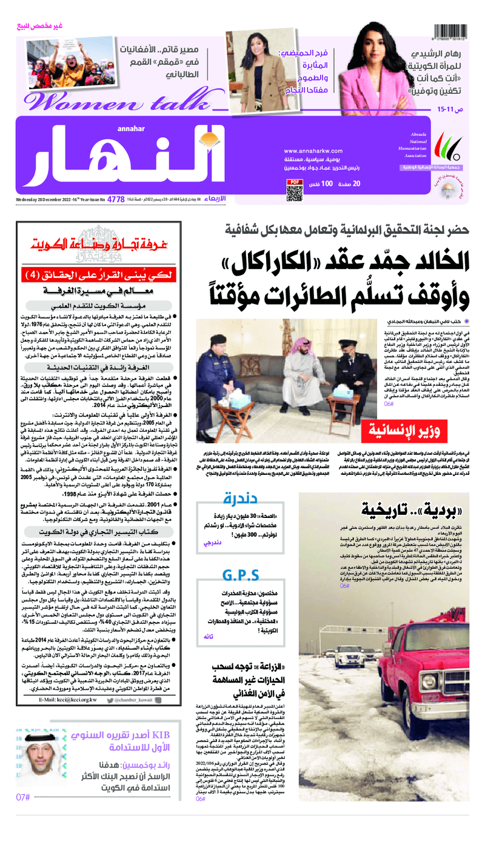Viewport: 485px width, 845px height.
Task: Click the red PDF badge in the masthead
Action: click(x=293, y=182)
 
